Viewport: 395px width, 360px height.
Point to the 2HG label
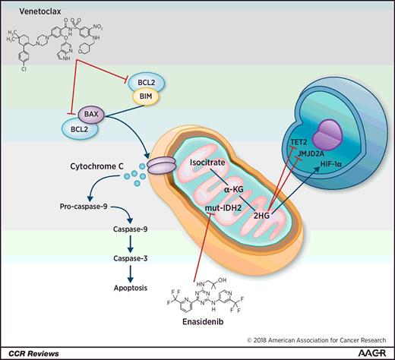(261, 214)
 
